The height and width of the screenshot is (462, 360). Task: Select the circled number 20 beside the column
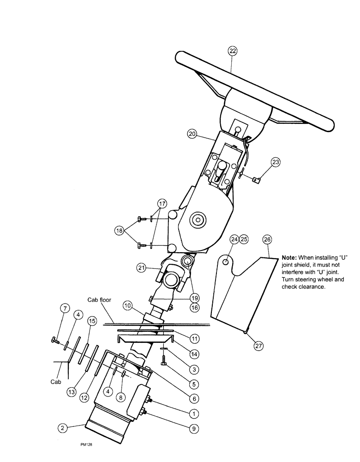[193, 134]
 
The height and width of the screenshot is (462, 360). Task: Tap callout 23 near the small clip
[275, 162]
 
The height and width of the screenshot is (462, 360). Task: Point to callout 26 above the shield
[267, 239]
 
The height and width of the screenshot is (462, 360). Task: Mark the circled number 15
[92, 321]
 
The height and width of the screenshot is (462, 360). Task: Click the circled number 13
[71, 392]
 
